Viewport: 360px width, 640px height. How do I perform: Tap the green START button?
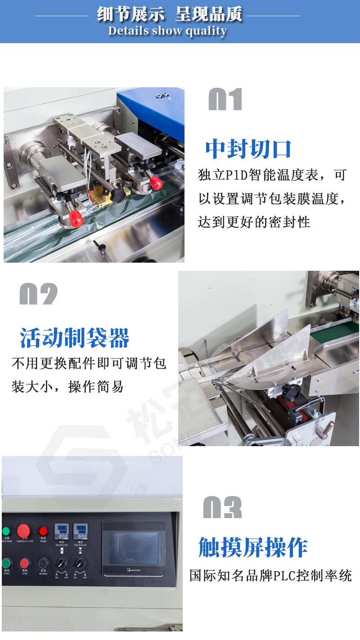coord(6,563)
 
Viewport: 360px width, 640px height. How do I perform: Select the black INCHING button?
coord(43,563)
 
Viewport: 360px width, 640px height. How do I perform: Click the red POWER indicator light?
coord(43,531)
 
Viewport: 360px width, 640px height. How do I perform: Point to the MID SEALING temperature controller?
coord(61,531)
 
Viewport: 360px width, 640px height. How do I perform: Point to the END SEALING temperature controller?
coord(80,531)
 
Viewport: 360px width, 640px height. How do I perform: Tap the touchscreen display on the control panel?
coord(134,549)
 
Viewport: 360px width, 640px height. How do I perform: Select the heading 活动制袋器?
coord(75,338)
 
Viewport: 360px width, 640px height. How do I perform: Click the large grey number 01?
coord(225,99)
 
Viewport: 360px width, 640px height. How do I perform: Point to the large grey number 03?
coord(222,508)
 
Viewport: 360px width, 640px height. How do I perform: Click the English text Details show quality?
coord(167,31)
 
